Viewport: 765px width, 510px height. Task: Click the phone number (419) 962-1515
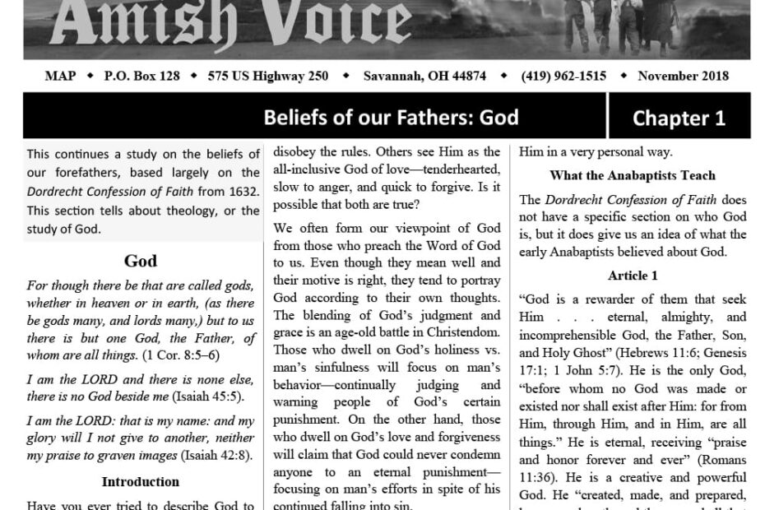pos(563,76)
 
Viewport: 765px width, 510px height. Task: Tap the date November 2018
pos(683,76)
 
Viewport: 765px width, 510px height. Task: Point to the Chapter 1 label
pos(679,118)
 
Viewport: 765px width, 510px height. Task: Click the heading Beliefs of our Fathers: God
pos(391,117)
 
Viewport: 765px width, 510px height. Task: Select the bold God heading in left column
pos(141,262)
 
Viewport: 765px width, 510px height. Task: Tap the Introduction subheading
pos(141,482)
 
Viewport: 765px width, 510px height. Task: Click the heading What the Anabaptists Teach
pos(633,175)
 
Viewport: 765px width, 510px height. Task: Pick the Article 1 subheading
pos(633,276)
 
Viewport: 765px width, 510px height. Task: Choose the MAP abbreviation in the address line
pos(60,76)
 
